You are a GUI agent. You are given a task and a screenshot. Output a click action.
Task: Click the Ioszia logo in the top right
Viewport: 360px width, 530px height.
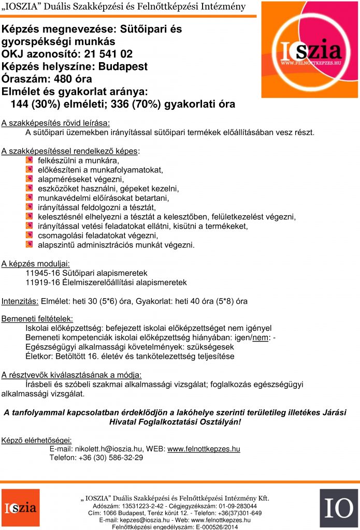[x=310, y=50]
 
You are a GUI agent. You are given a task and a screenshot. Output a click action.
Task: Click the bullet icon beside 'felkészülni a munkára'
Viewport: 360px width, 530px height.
[x=29, y=160]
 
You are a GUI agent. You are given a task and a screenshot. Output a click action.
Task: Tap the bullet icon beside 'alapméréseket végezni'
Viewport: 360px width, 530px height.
[x=29, y=179]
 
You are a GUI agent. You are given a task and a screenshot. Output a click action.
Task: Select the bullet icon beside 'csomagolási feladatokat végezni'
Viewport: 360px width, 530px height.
[x=29, y=235]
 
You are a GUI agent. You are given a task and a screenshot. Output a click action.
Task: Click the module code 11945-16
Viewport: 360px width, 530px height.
[x=43, y=273]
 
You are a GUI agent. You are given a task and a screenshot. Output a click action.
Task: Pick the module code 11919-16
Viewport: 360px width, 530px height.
[x=43, y=283]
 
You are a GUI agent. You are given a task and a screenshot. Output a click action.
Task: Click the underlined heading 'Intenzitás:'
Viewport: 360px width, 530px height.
[x=20, y=301]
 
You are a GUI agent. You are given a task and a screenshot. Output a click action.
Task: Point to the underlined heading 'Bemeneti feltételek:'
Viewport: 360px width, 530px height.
[x=37, y=319]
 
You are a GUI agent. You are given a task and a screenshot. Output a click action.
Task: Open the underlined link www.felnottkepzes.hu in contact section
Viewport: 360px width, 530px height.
[x=204, y=449]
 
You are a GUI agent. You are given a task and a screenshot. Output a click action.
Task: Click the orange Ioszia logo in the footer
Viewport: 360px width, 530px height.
[x=20, y=508]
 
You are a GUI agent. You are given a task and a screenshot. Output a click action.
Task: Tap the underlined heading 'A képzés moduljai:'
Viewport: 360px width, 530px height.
[x=36, y=263]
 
